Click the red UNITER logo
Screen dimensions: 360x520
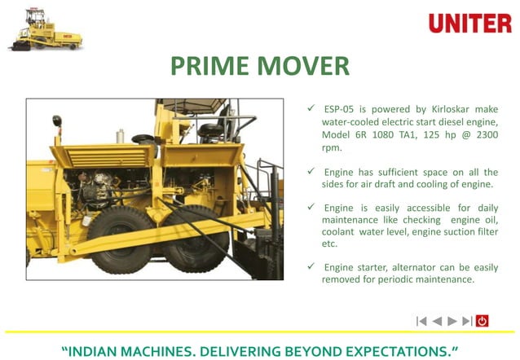pyautogui.click(x=469, y=23)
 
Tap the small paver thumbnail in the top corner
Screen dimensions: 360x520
pyautogui.click(x=45, y=30)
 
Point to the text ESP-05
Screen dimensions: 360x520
pyautogui.click(x=340, y=109)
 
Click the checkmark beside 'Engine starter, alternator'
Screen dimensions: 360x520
pyautogui.click(x=311, y=266)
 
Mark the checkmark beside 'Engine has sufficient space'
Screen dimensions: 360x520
pyautogui.click(x=311, y=172)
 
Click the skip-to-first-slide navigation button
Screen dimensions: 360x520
pyautogui.click(x=421, y=321)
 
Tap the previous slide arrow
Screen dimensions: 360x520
pyautogui.click(x=437, y=321)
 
